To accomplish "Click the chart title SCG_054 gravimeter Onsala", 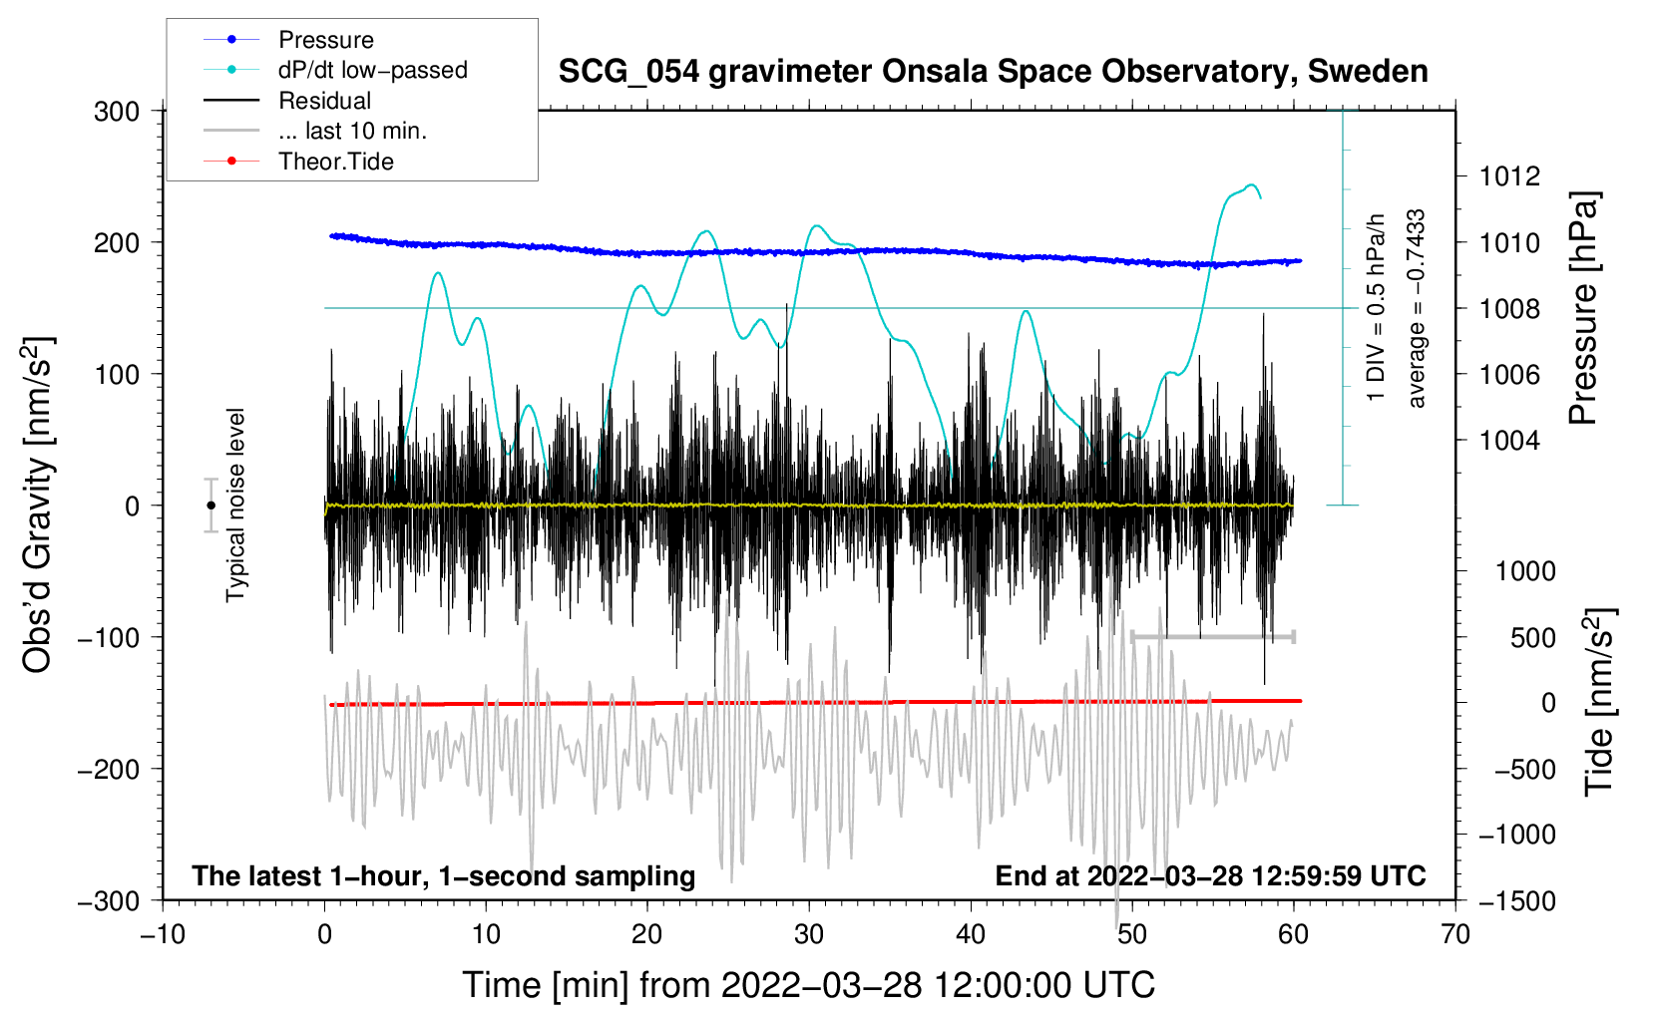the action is [993, 72].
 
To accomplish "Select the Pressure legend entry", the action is [289, 39].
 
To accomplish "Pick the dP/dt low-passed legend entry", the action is [335, 70].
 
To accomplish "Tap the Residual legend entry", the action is [287, 101].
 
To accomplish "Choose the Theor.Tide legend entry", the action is [298, 162].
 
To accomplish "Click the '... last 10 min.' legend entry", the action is [315, 131].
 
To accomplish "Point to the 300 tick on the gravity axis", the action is [117, 112].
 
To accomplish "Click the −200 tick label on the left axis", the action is [109, 770].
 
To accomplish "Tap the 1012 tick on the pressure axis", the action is [1509, 176].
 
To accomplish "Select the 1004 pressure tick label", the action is [1509, 441].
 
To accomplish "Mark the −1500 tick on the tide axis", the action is [1517, 901].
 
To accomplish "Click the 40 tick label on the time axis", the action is [971, 934].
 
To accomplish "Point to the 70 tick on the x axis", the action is [1454, 934].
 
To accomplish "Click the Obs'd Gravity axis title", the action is [37, 505].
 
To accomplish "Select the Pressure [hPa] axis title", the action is [1583, 308].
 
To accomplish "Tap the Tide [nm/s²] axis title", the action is [1600, 701].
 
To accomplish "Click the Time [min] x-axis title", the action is [808, 986].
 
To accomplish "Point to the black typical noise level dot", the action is [210, 506].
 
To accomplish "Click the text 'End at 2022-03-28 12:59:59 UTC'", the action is [1210, 875].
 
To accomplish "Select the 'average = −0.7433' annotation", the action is [1416, 308].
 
